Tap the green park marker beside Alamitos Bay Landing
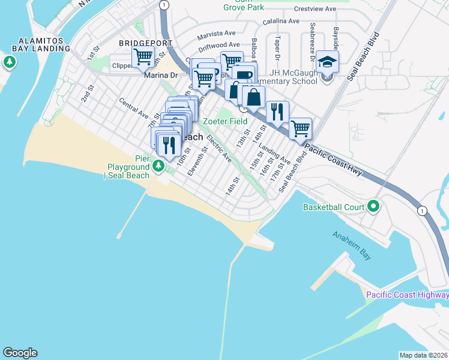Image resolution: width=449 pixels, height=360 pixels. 10,62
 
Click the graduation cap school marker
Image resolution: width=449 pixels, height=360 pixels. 327,62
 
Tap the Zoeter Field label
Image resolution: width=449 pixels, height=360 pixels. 224,121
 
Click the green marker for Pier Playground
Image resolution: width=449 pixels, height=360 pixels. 158,165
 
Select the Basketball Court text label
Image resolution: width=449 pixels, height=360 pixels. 334,208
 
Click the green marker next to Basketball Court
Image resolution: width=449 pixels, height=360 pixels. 373,207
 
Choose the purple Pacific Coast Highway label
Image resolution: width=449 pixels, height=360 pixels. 407,294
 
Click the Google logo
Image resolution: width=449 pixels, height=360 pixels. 20,353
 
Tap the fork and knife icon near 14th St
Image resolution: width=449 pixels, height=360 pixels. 277,112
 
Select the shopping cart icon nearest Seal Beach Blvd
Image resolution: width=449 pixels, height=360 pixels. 300,128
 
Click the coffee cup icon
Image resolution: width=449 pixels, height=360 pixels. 244,75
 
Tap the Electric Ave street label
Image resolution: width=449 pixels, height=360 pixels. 219,148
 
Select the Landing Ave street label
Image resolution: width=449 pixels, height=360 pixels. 276,157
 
